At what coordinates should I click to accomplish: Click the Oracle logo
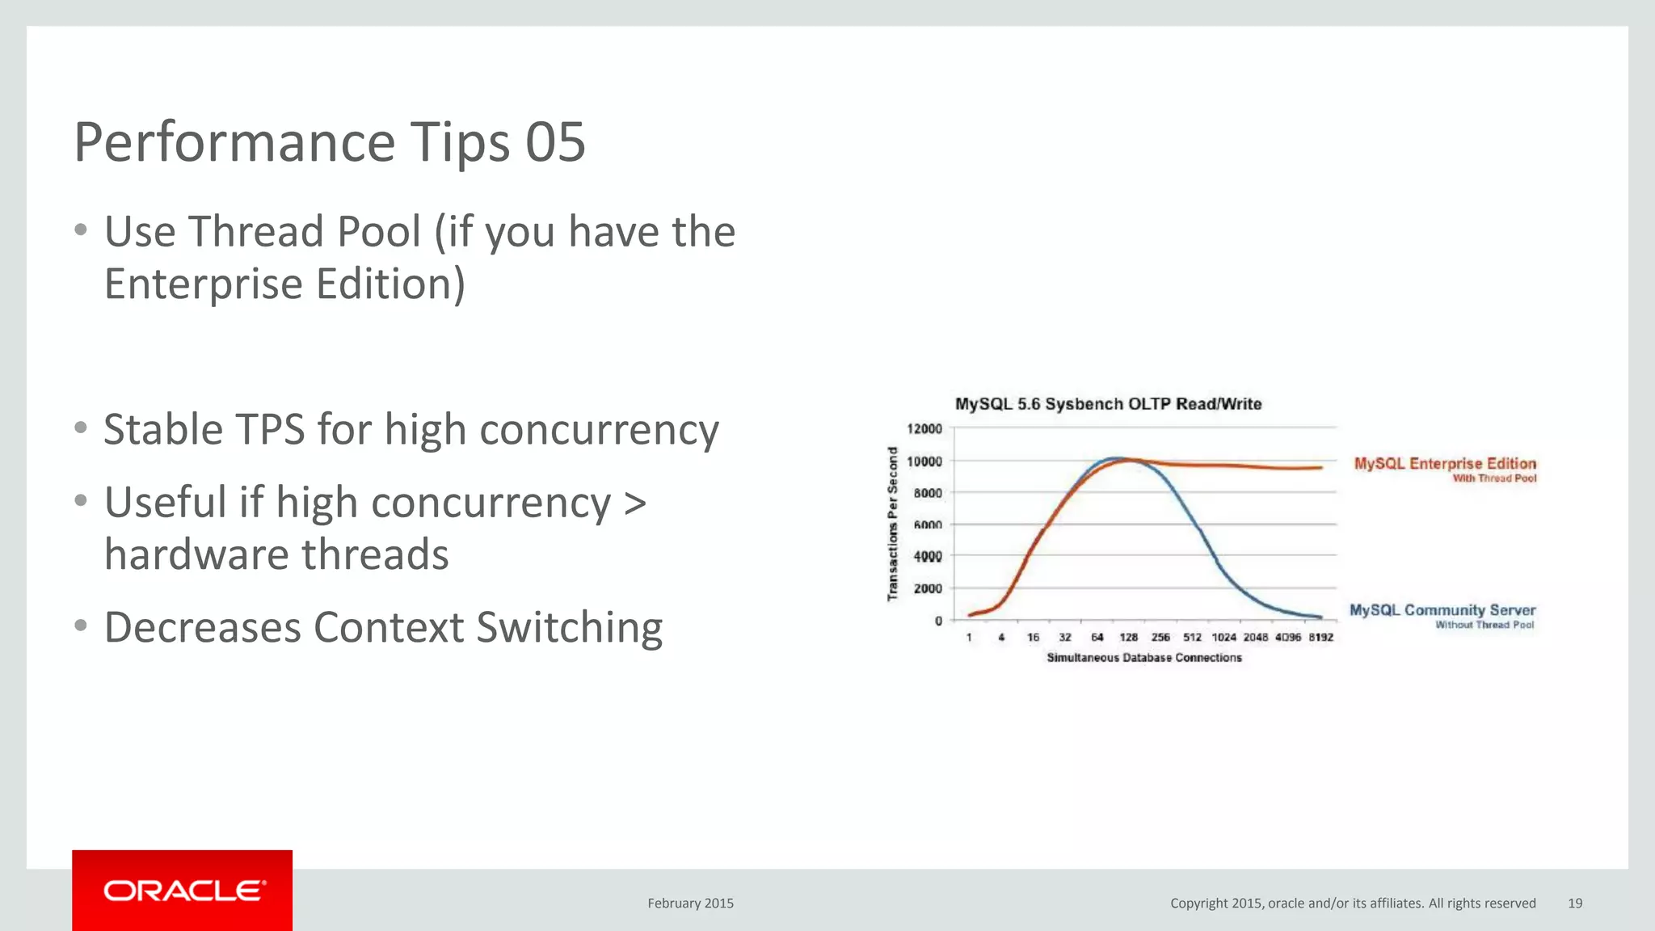pos(183,891)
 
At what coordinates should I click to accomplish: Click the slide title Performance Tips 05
pos(329,142)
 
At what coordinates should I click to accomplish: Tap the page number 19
pos(1574,903)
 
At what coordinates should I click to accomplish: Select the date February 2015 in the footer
pos(690,903)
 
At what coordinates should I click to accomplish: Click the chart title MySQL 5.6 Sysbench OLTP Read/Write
pos(1108,404)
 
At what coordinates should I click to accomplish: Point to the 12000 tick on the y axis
pos(924,428)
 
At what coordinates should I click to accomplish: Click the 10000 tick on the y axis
pos(924,461)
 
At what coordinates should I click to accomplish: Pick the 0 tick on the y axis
pos(938,621)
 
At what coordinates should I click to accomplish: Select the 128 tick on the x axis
pos(1128,638)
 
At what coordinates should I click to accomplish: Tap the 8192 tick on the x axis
pos(1320,638)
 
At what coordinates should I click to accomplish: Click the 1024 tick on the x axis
pos(1223,638)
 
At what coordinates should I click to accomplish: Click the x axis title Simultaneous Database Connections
pos(1143,658)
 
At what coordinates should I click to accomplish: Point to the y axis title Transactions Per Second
pos(893,524)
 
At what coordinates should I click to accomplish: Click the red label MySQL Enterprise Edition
pos(1445,463)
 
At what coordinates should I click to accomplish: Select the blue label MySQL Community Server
pos(1442,610)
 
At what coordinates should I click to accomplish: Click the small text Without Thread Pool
pos(1484,625)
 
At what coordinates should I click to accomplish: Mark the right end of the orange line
pos(1321,467)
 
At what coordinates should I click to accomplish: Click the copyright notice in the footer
pos(1353,903)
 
